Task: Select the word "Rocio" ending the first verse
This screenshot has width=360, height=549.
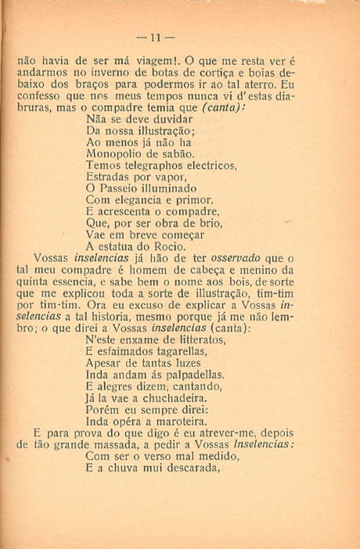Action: tap(172, 248)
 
